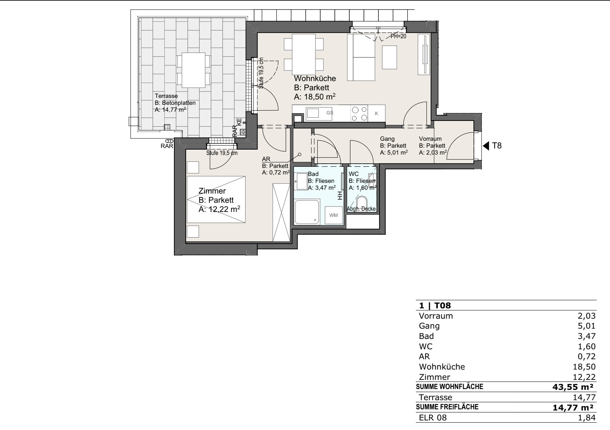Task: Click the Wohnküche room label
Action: click(315, 78)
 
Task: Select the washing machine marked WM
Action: click(333, 215)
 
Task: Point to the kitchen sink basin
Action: click(312, 113)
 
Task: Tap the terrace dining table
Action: click(193, 70)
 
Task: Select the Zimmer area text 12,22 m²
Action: click(219, 209)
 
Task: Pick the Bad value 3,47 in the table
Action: click(587, 336)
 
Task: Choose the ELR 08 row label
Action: click(433, 417)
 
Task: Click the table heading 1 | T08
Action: click(435, 305)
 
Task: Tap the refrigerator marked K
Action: click(376, 114)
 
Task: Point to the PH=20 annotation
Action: click(398, 36)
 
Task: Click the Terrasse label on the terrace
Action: click(166, 96)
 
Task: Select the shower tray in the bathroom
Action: click(307, 212)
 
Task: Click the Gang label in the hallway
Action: click(387, 139)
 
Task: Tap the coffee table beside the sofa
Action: click(389, 57)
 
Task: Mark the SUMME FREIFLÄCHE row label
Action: click(447, 407)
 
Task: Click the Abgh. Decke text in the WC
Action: click(361, 209)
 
